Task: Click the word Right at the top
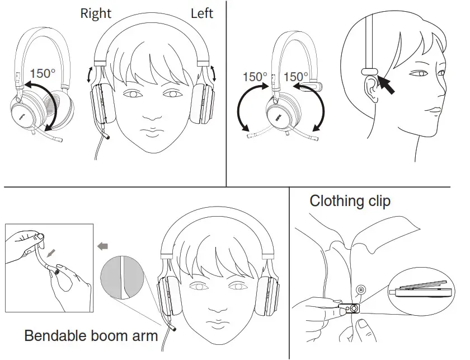click(96, 13)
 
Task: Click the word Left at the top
click(202, 13)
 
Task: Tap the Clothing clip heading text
click(350, 200)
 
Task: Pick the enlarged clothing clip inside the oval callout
click(420, 290)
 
